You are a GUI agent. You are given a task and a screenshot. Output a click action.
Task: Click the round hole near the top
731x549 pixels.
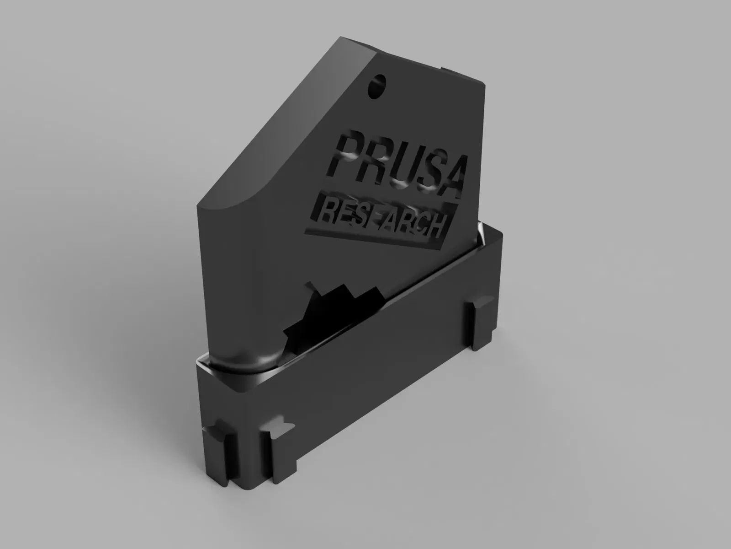point(377,86)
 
